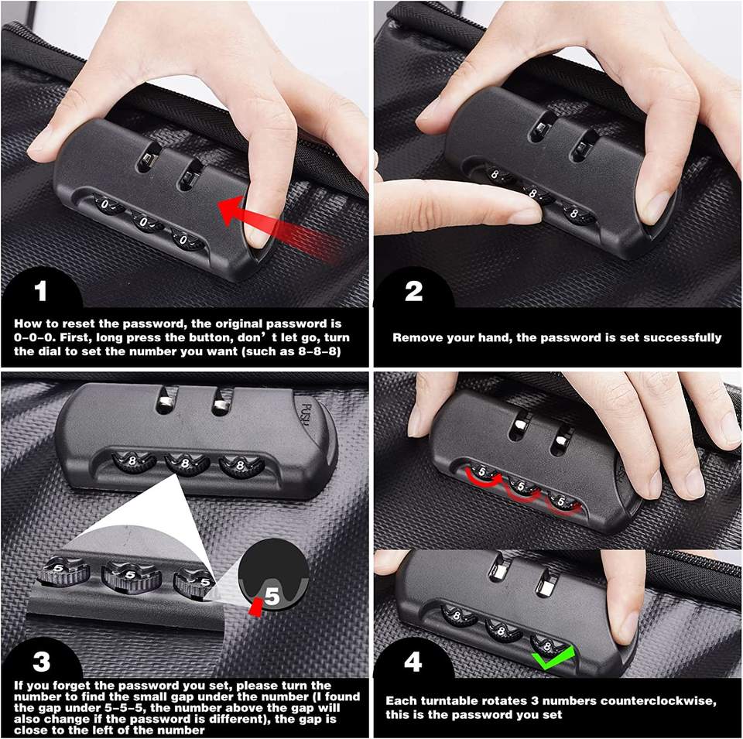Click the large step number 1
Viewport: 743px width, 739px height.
[x=40, y=291]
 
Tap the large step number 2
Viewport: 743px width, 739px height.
[x=413, y=291]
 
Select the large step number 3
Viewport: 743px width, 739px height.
[x=41, y=662]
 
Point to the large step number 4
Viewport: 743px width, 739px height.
[x=413, y=662]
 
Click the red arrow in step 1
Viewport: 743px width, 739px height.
[x=279, y=227]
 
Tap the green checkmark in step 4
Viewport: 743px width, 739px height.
[x=553, y=659]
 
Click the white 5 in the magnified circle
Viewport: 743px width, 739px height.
[x=272, y=597]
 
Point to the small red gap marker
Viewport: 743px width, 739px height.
[x=256, y=607]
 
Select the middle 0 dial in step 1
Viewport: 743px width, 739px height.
[x=146, y=221]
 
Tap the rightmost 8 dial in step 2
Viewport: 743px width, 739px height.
[x=577, y=213]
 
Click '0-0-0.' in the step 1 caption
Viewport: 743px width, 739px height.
[x=33, y=337]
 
